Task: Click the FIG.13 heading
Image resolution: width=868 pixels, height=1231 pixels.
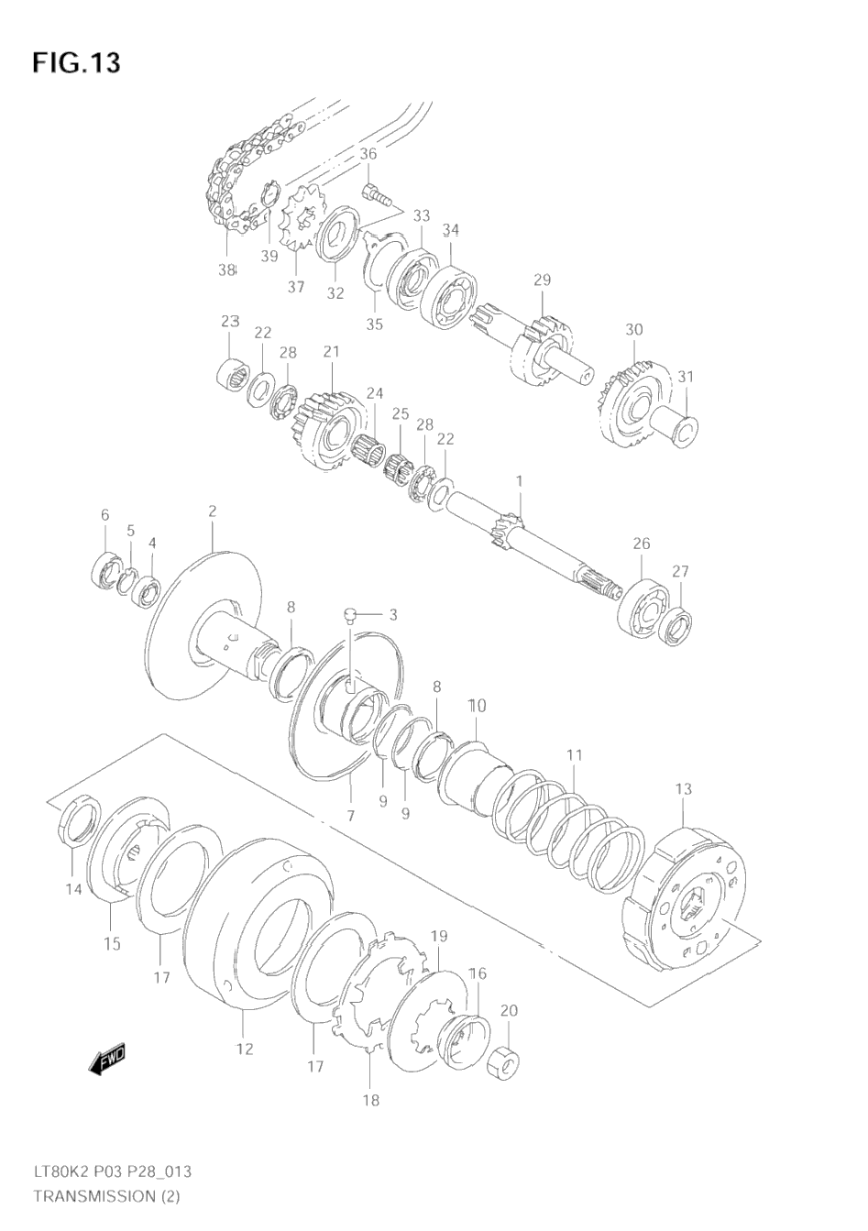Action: click(x=76, y=62)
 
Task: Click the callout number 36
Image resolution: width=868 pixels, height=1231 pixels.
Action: click(x=368, y=154)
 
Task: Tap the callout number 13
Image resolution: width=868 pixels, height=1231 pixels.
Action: click(x=684, y=805)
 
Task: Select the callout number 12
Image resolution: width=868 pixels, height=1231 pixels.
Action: click(x=245, y=1064)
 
